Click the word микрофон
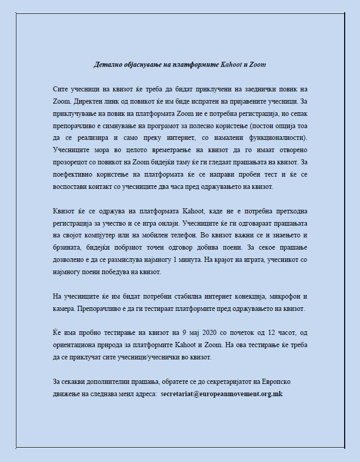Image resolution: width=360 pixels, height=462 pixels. (289, 297)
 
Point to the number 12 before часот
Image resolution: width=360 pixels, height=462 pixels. (277, 333)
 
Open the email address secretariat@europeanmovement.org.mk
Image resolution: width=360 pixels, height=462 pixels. (222, 394)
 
